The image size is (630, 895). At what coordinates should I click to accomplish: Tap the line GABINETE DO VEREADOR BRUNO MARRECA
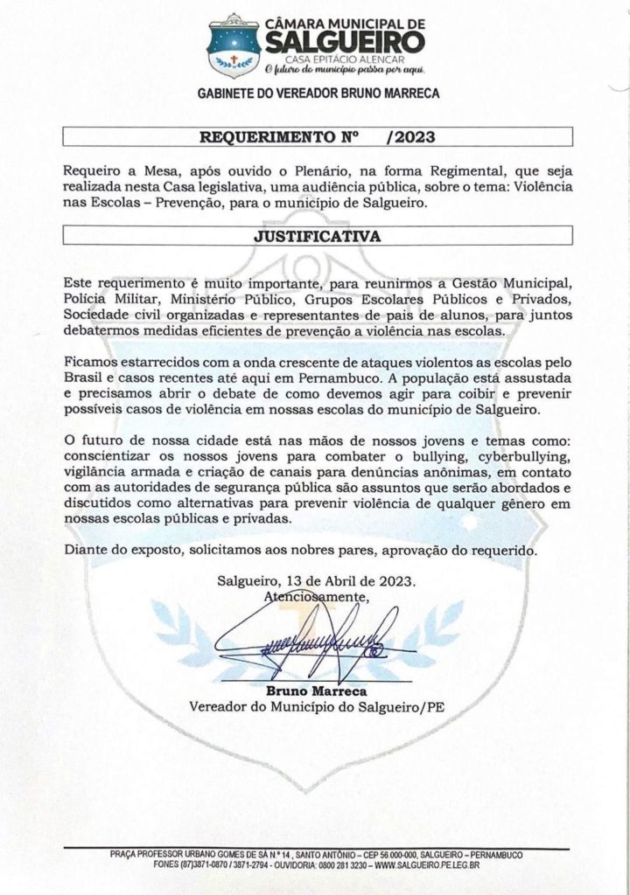(x=318, y=92)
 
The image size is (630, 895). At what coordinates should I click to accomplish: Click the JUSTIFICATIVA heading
(x=318, y=235)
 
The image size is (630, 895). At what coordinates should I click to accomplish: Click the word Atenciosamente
(x=316, y=596)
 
